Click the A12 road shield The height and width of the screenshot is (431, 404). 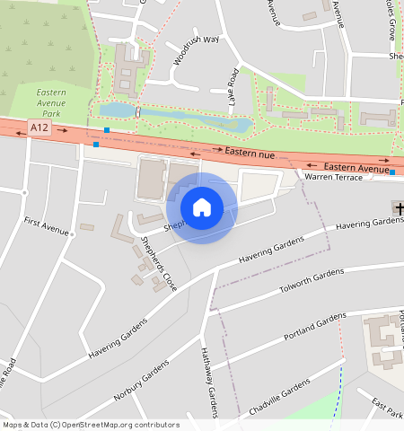coord(39,128)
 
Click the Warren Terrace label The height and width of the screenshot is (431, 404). coord(334,178)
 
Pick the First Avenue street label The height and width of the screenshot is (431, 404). coord(47,226)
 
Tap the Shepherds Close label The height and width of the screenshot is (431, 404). coord(158,264)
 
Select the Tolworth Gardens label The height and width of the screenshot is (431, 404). coord(312,280)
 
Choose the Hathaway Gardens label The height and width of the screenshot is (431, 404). coord(208,384)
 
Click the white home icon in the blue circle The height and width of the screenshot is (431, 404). coord(202,207)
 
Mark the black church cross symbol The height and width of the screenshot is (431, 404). coord(399,208)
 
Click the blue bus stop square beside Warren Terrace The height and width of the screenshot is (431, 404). coord(392,172)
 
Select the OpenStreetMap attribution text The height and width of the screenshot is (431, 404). coord(91,425)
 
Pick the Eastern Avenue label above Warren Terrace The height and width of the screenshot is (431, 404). coord(356,167)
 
